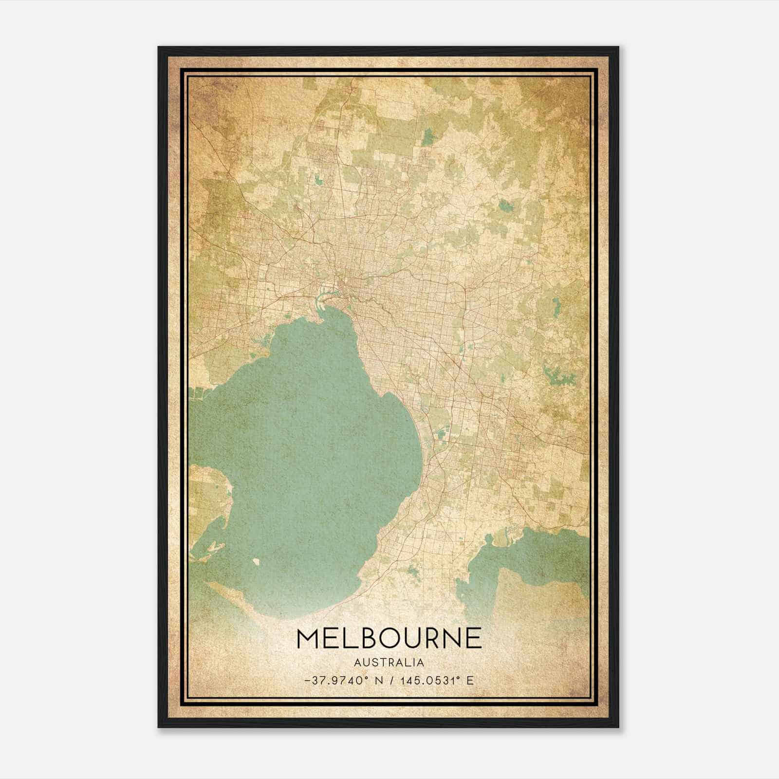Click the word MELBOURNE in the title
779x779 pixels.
(x=389, y=638)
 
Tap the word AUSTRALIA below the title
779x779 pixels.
(x=389, y=663)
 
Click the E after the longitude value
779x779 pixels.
(x=470, y=681)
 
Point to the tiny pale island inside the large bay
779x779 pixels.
(x=256, y=561)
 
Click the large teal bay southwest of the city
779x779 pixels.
(x=302, y=463)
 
